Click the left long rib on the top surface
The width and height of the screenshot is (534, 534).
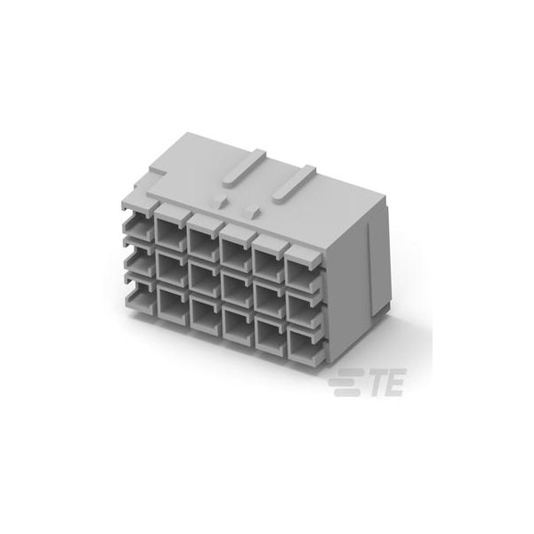point(244,167)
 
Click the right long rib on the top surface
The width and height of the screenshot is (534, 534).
point(294,184)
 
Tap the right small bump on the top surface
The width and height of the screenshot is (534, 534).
point(252,212)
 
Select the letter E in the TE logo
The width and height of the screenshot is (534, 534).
point(396,382)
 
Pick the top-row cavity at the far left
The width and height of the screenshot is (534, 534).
point(139,228)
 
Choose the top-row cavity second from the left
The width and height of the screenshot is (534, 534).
point(171,233)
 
